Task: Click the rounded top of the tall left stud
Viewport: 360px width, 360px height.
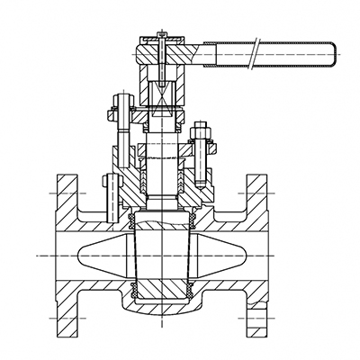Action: coord(117,96)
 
